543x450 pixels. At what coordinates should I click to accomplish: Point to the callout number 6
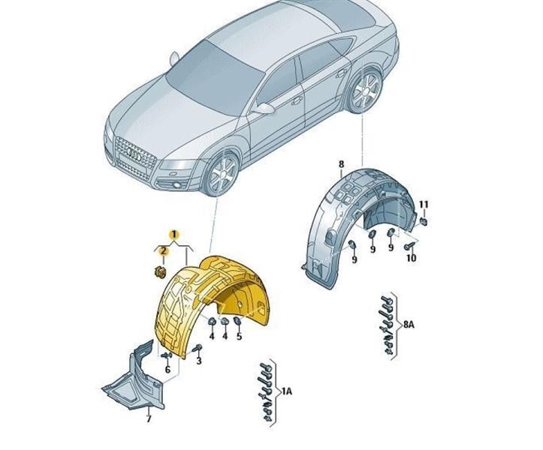[x=167, y=369]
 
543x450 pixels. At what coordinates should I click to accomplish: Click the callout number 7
[x=148, y=418]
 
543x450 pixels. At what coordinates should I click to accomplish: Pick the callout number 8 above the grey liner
[x=340, y=164]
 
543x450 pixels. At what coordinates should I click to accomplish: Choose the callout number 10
[x=410, y=258]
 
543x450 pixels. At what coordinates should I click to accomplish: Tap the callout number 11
[x=424, y=205]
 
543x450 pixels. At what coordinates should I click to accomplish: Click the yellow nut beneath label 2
[x=160, y=271]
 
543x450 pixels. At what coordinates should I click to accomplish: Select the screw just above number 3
[x=197, y=347]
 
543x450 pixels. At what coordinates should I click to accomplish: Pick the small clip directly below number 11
[x=424, y=221]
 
